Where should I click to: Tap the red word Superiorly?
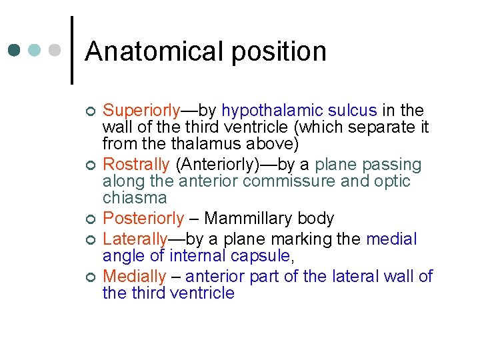click(141, 111)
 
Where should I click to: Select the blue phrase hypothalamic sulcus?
click(299, 111)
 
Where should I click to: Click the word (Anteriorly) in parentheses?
click(217, 165)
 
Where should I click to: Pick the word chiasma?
click(134, 198)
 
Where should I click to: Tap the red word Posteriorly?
click(144, 219)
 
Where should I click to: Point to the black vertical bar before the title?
click(71, 51)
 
